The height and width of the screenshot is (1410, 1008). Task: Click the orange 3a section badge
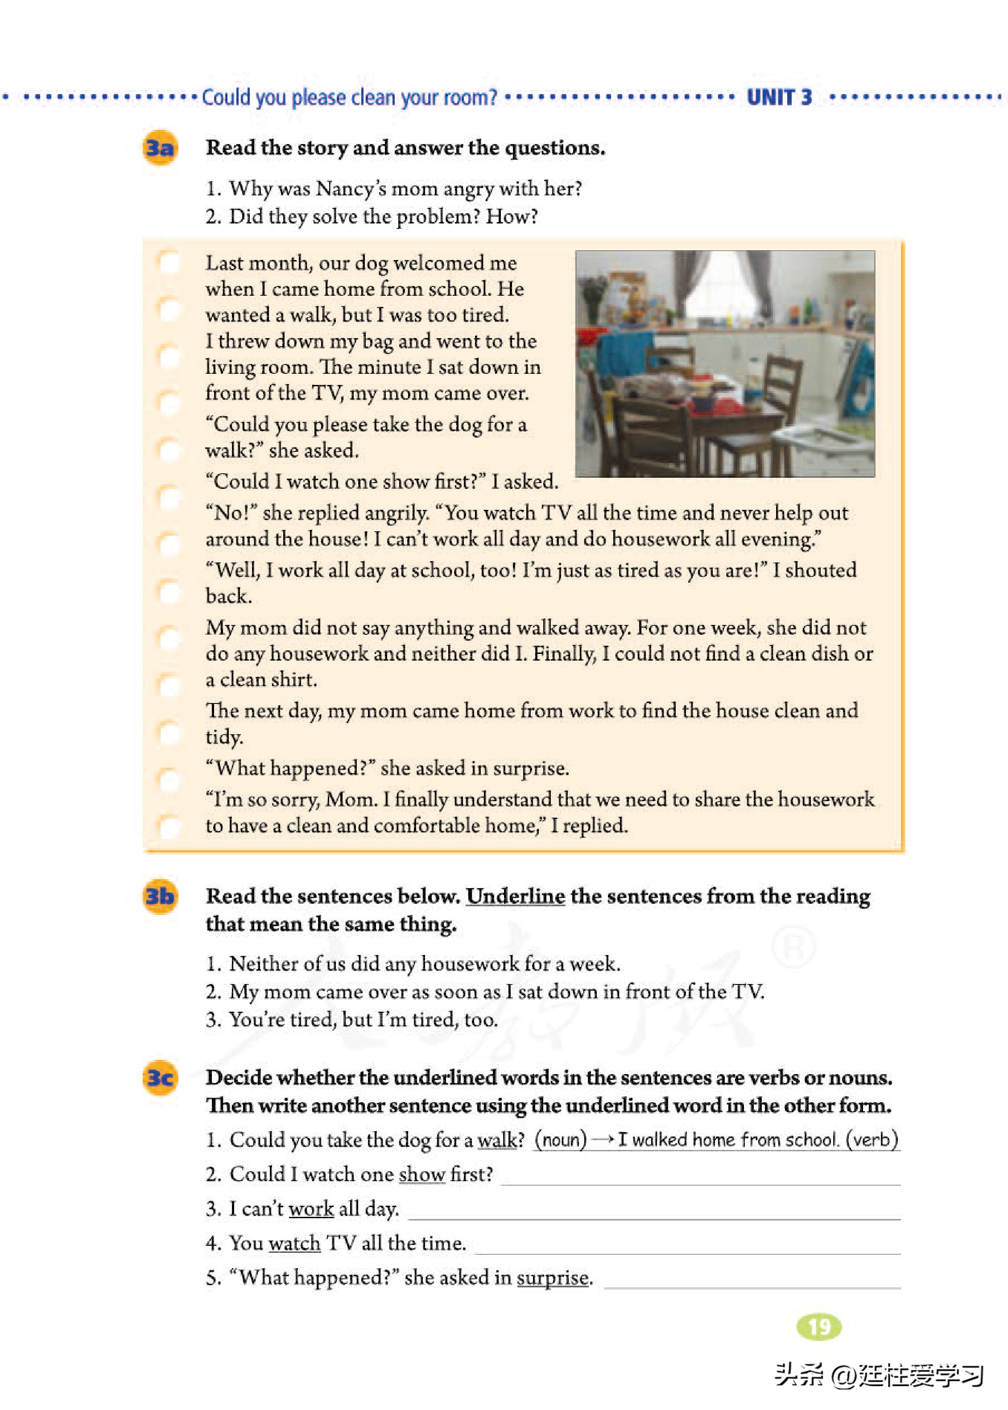tap(160, 148)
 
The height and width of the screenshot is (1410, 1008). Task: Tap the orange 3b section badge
tap(160, 896)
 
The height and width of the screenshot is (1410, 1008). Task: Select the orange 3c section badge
tap(160, 1077)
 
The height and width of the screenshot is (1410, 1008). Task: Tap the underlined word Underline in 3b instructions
tap(515, 896)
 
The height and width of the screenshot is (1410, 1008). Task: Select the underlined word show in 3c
tap(422, 1174)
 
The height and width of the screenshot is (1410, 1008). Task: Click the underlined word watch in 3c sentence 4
tap(295, 1243)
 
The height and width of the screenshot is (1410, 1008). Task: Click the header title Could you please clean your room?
tap(349, 97)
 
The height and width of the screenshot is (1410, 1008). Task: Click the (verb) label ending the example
tap(875, 1139)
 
